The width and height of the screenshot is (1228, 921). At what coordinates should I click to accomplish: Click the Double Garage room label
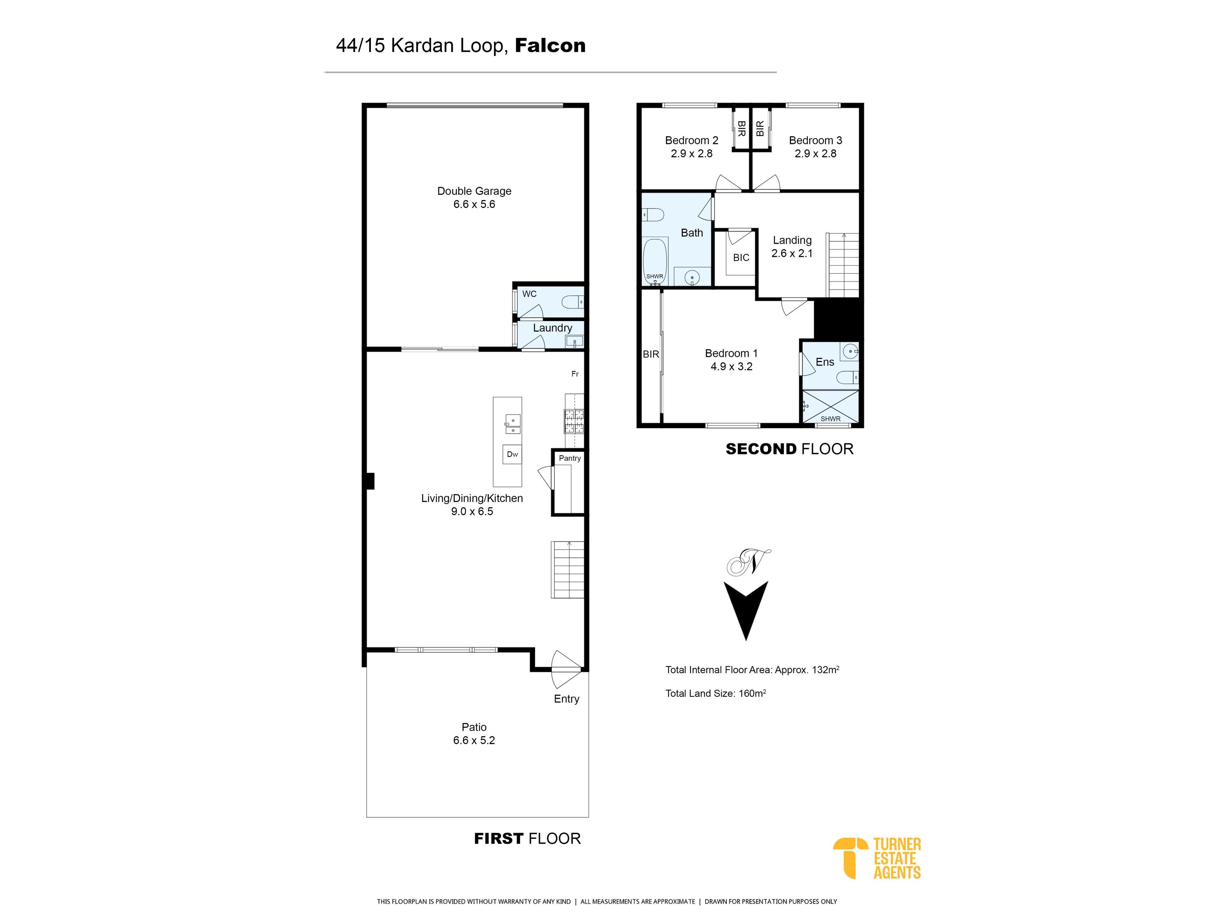pos(474,191)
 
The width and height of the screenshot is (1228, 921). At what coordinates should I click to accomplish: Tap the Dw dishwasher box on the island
pos(512,454)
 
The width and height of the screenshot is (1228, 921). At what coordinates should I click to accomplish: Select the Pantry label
pos(570,458)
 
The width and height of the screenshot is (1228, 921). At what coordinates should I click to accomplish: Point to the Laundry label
pos(552,328)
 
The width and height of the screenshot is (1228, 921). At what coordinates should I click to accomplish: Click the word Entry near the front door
pos(566,699)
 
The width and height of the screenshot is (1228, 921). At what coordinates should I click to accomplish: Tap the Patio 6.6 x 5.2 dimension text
pos(474,740)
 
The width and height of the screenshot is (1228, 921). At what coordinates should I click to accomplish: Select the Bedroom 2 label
pos(692,140)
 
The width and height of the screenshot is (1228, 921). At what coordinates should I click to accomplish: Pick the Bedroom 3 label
pos(815,140)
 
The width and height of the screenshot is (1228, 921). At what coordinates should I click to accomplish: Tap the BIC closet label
pos(741,257)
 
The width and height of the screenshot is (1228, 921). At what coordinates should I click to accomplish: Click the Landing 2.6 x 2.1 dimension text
pos(792,253)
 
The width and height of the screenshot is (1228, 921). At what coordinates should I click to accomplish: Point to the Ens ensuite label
pos(825,362)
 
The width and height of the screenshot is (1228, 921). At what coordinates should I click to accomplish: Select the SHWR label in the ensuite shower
pos(830,419)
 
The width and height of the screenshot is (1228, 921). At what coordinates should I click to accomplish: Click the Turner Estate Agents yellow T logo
pos(851,858)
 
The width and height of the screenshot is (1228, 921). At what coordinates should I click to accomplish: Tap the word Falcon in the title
pos(550,45)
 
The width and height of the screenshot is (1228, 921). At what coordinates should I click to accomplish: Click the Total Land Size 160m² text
pos(716,693)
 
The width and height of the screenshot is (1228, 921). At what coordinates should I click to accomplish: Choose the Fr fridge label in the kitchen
pos(575,374)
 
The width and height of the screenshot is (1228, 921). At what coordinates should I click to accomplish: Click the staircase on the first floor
pos(567,570)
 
